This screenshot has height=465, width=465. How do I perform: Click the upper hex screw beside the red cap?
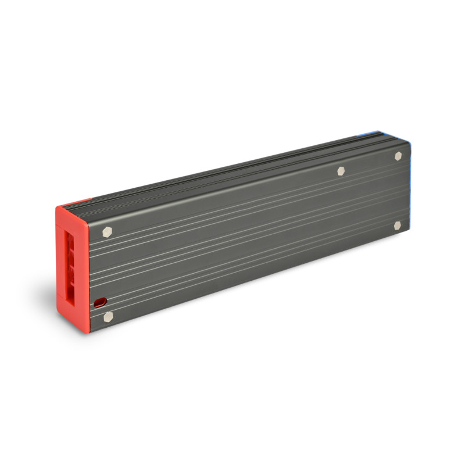pyautogui.click(x=107, y=231)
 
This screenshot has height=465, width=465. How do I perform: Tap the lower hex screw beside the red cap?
pyautogui.click(x=108, y=317)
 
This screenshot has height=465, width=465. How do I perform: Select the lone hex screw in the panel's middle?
pyautogui.click(x=341, y=171)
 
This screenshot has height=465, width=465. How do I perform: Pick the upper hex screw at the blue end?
pyautogui.click(x=398, y=156)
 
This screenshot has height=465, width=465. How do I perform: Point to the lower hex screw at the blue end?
pyautogui.click(x=398, y=226)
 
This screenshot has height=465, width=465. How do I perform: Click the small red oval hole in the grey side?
pyautogui.click(x=100, y=302)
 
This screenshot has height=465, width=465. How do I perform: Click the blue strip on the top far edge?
pyautogui.click(x=366, y=134)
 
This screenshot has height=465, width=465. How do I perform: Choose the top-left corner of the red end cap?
pyautogui.click(x=56, y=208)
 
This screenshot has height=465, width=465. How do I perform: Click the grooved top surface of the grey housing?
pyautogui.click(x=233, y=169)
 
